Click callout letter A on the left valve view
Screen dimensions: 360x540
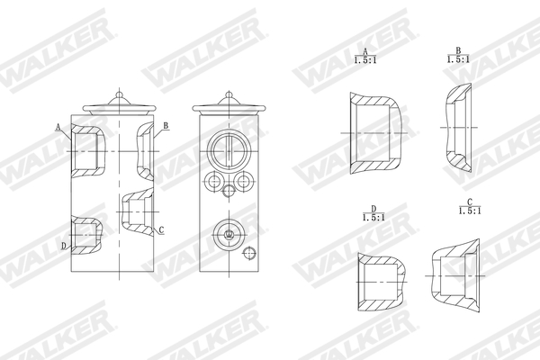click(x=58, y=128)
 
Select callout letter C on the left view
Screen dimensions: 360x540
click(x=160, y=230)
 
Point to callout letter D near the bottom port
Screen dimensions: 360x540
click(x=63, y=245)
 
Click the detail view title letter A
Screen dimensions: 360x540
click(x=364, y=50)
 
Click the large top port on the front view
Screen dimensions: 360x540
click(x=225, y=149)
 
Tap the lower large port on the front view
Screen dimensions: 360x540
click(x=229, y=235)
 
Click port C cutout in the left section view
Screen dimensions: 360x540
click(x=135, y=211)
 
